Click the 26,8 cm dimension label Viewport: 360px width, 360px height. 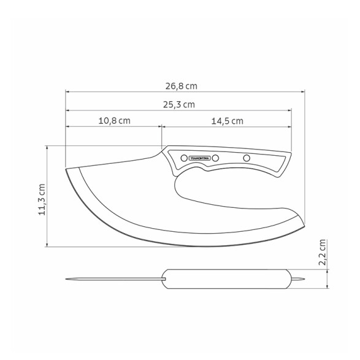point(182,86)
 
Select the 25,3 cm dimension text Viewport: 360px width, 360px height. point(179,105)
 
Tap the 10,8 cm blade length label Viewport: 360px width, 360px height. point(114,121)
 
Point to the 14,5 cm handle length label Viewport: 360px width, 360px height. point(228,121)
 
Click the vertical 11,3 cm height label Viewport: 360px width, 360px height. point(42,199)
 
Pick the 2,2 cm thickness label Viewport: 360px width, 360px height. point(323,252)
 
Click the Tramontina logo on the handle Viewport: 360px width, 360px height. point(199,158)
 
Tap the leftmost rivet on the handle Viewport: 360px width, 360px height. point(184,158)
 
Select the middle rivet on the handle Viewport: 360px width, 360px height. point(215,158)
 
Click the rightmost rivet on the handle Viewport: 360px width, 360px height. point(247,158)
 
